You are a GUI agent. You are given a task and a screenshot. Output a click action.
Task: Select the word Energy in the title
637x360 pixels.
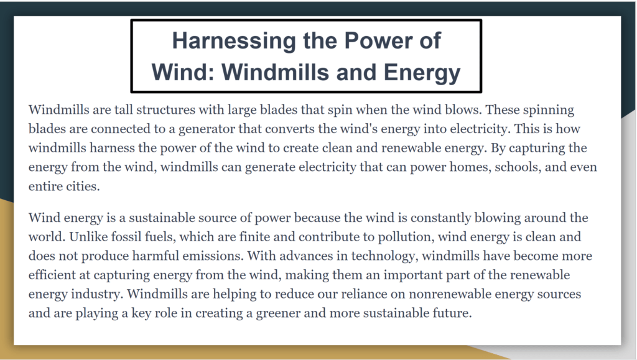click(x=422, y=73)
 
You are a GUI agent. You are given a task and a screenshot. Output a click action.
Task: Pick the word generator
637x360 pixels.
click(x=207, y=129)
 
